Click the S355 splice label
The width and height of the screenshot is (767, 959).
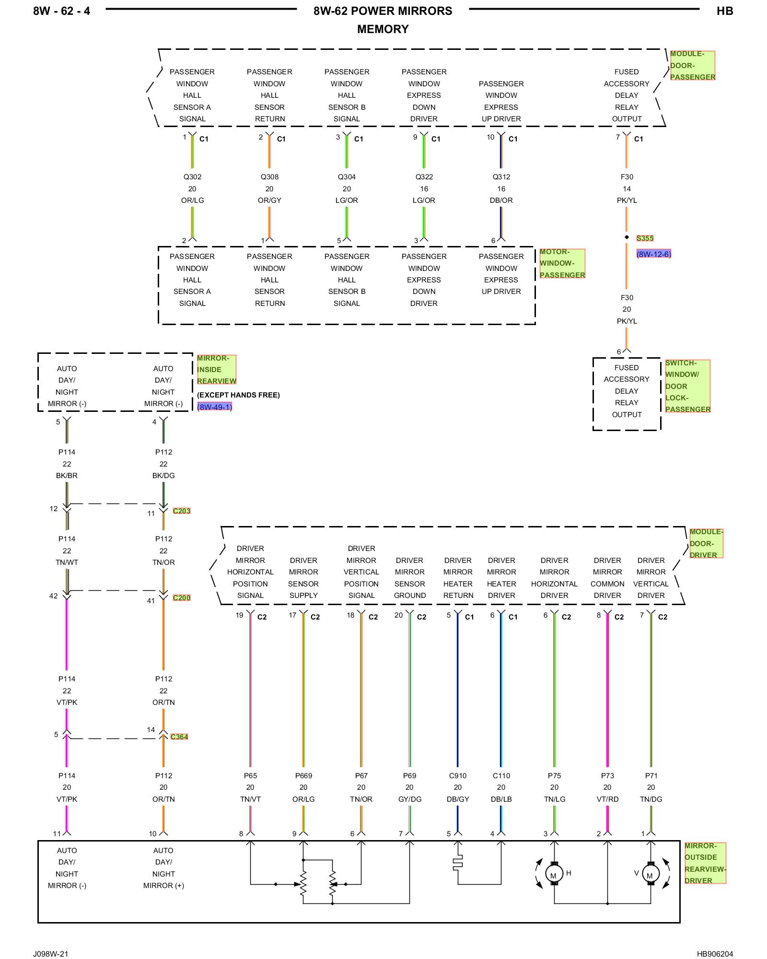[645, 238]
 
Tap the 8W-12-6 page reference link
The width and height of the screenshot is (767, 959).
[654, 254]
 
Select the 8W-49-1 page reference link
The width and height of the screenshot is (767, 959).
[214, 407]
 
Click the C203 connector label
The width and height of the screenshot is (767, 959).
[182, 511]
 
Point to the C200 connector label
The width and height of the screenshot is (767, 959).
[182, 598]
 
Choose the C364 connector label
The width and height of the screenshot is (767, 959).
[179, 737]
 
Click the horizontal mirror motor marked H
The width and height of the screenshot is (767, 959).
[554, 874]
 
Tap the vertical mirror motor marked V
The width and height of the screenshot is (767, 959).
[651, 874]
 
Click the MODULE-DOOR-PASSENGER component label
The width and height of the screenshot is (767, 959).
[693, 66]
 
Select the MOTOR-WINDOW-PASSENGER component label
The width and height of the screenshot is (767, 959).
[562, 263]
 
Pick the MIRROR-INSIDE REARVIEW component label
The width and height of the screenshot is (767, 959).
[217, 370]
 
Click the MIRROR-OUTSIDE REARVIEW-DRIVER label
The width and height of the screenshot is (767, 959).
[705, 863]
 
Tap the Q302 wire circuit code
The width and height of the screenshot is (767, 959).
[192, 177]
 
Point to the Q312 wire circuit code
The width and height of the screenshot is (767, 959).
[501, 177]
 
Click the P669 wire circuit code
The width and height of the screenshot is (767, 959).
[303, 776]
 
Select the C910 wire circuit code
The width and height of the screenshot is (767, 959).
[458, 776]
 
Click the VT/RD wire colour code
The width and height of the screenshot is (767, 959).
[607, 799]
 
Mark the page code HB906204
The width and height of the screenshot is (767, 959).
[715, 954]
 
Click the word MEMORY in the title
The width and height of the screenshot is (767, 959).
[383, 29]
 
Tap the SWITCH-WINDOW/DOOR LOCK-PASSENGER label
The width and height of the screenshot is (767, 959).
[687, 386]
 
